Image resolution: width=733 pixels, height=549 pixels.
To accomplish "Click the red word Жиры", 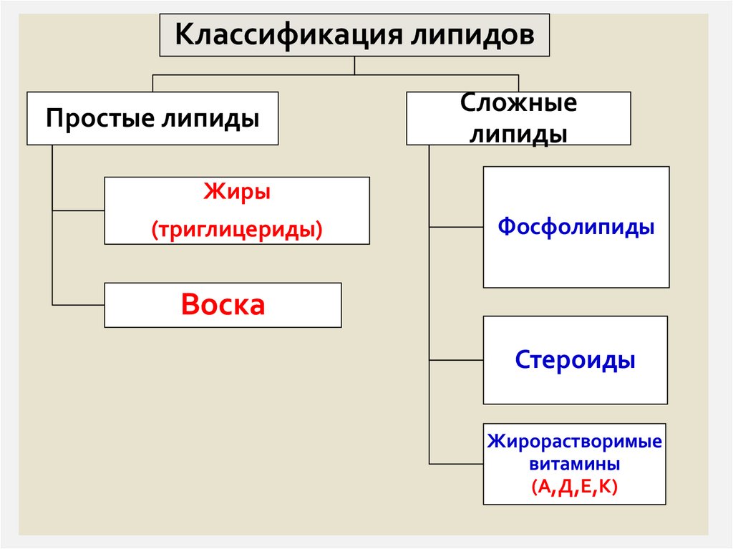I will [x=237, y=192].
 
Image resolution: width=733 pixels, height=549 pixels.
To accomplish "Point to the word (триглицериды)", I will [x=237, y=230].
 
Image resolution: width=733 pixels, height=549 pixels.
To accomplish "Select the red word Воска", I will [x=223, y=304].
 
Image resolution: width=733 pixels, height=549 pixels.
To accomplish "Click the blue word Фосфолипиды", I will [x=576, y=227].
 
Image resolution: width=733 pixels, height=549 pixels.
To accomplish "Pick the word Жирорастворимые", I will [x=575, y=440].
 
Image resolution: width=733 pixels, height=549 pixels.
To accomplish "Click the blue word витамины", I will [x=575, y=463].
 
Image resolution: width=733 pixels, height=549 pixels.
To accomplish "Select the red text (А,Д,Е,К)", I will [x=575, y=486].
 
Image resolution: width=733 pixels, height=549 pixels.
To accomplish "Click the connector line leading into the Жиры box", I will [x=79, y=210].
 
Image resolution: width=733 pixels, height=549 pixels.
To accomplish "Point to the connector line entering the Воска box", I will [x=79, y=305].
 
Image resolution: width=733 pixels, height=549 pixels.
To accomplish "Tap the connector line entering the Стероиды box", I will [x=456, y=359].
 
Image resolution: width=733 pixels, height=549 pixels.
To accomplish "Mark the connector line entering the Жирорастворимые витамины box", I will [x=456, y=464].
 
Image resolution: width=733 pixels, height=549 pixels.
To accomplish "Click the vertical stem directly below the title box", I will [x=354, y=65].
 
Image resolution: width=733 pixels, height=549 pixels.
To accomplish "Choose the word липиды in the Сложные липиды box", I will [x=518, y=134].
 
